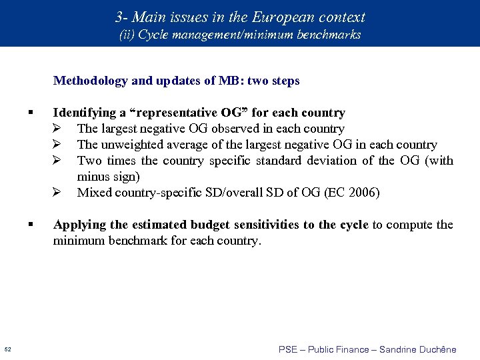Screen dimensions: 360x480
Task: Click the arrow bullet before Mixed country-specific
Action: click(57, 193)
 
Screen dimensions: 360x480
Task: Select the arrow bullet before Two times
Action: click(57, 161)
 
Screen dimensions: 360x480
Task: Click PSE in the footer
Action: click(288, 349)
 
